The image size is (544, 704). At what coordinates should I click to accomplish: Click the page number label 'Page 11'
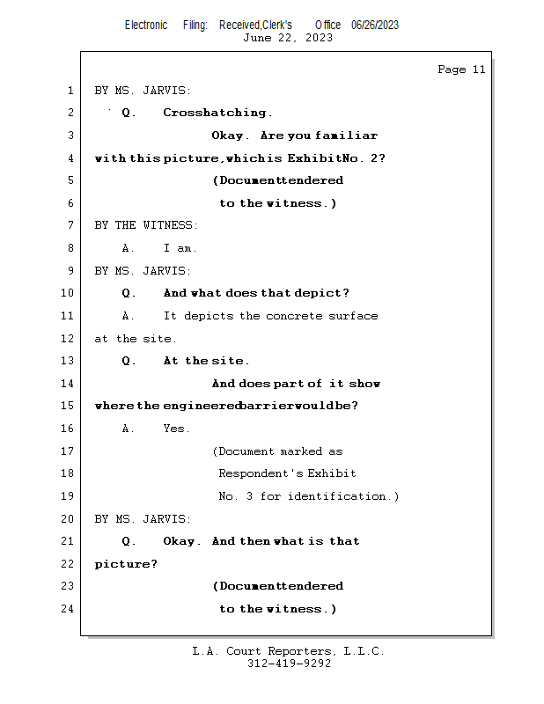tap(461, 70)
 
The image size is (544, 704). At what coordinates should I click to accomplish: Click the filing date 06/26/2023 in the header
tap(375, 26)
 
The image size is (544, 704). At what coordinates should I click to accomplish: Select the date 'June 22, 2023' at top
tap(288, 38)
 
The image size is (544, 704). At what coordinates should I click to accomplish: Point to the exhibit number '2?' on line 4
tap(378, 158)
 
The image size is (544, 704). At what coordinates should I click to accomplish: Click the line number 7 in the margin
tap(70, 225)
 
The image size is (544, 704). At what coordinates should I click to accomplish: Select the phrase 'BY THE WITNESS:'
tap(146, 225)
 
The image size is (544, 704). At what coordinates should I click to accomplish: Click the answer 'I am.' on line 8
tap(180, 248)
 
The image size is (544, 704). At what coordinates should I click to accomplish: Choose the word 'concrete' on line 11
tap(294, 316)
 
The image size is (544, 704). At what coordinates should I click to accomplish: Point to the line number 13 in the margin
tap(67, 361)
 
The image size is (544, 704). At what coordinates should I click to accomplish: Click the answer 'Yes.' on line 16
tap(177, 429)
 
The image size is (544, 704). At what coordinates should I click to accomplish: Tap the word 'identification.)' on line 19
tap(343, 496)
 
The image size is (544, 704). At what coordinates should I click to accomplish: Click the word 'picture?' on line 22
tap(126, 564)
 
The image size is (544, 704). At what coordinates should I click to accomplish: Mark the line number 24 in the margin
tap(67, 609)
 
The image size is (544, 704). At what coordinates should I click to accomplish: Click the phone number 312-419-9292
tap(289, 664)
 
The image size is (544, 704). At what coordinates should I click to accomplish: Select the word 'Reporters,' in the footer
tap(302, 651)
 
